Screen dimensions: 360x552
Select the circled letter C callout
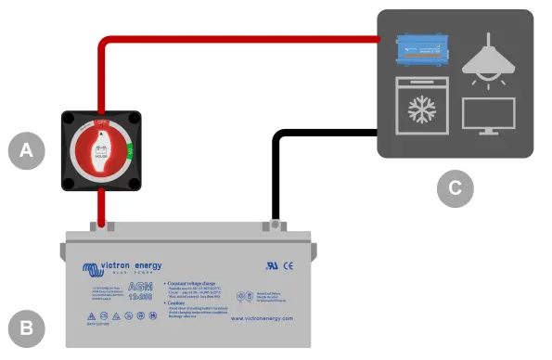pos(455,187)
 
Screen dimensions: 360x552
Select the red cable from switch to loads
pos(232,40)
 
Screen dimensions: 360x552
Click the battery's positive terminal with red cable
pos(102,225)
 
